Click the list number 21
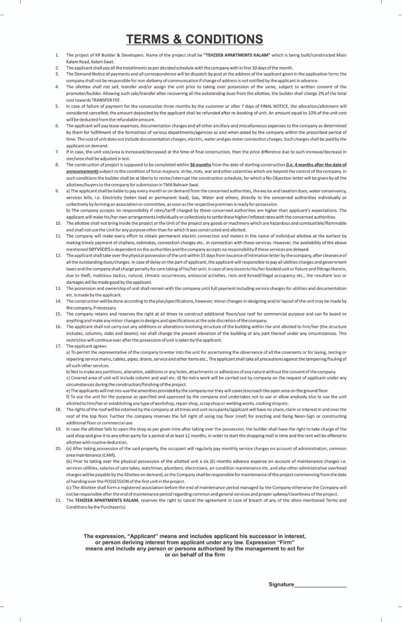[x=58, y=500]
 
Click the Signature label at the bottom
[x=281, y=584]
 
